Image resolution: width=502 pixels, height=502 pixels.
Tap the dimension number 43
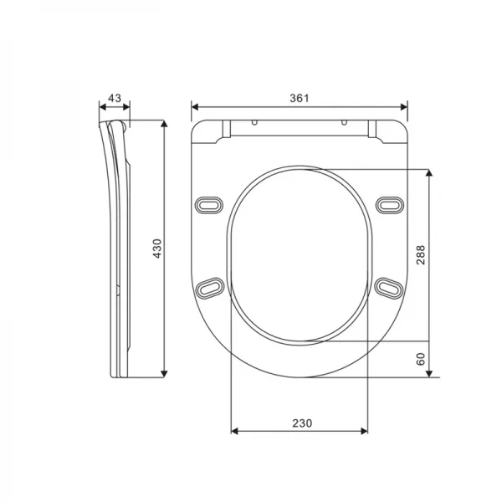point(115,98)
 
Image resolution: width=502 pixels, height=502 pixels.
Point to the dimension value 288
point(420,254)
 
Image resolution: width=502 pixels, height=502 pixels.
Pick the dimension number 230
point(299,423)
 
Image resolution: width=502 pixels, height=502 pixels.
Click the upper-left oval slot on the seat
point(209,203)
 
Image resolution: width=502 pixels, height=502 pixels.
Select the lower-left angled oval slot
point(209,287)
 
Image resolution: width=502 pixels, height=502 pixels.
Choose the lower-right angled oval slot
point(388,287)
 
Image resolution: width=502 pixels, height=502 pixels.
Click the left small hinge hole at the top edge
point(254,122)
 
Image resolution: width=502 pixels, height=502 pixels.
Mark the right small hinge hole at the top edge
point(344,122)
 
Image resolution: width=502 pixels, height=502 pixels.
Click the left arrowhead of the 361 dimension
point(195,106)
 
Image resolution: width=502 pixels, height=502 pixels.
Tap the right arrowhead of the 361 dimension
point(404,106)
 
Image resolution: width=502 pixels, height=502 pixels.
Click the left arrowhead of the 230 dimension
point(234,432)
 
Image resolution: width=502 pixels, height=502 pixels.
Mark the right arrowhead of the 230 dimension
point(364,432)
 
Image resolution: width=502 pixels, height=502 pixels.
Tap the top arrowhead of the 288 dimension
point(429,173)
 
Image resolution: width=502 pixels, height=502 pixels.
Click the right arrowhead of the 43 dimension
point(126,106)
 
